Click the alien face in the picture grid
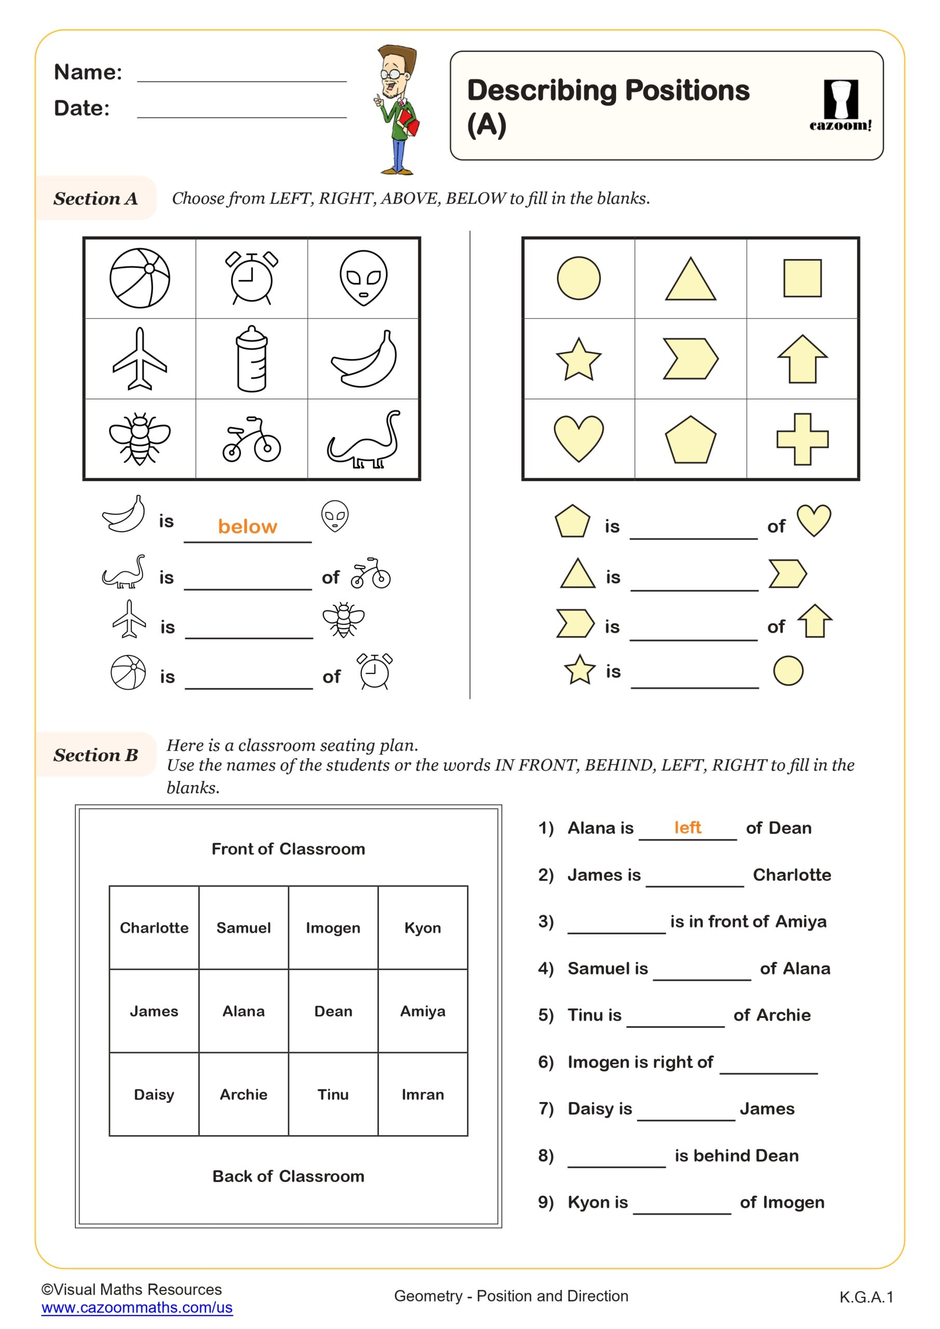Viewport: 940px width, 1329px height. pos(363,278)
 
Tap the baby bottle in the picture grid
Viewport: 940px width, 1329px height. pos(252,359)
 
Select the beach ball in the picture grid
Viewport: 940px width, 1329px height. pos(140,278)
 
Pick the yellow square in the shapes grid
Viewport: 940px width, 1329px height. pos(802,278)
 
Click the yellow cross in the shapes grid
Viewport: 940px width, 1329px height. pos(802,439)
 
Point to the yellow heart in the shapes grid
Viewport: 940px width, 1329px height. pos(578,438)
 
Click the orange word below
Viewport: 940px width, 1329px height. pos(247,526)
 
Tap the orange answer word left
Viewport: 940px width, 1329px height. pos(687,827)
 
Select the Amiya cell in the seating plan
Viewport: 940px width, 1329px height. pos(423,1011)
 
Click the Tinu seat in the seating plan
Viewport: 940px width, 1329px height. pos(333,1094)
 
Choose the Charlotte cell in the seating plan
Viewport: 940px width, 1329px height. pos(154,928)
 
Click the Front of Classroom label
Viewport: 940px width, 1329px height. pos(288,849)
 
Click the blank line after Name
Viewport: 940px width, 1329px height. pos(241,75)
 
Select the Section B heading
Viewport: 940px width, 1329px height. pos(96,755)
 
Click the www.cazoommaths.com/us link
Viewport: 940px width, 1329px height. pos(137,1307)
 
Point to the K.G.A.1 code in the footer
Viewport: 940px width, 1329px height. pos(866,1297)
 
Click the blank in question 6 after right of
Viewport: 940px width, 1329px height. pos(768,1065)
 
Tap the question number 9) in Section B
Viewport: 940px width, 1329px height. pos(546,1202)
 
